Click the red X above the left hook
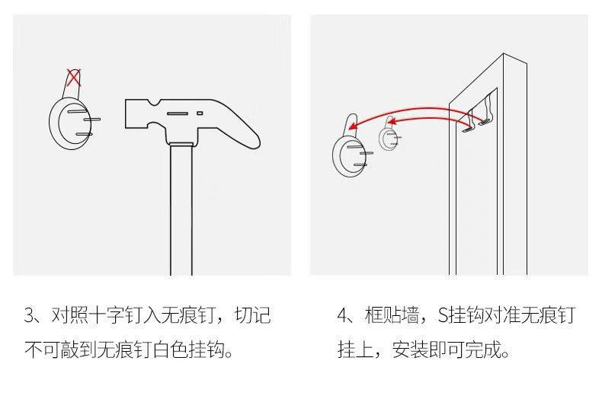coord(73,77)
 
